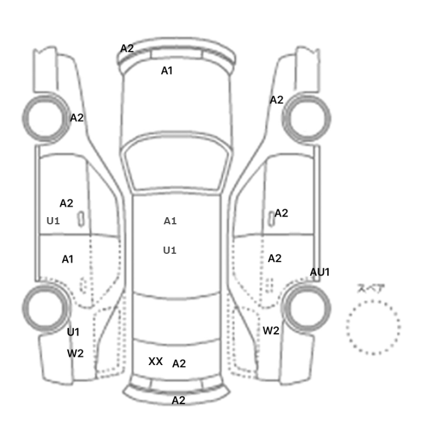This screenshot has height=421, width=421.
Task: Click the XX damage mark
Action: [x=155, y=361]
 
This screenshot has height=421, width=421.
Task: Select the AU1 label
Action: [x=319, y=272]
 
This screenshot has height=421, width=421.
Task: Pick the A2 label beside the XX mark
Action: [x=179, y=363]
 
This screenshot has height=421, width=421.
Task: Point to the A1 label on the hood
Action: [x=167, y=71]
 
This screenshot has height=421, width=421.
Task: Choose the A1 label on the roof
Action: [x=170, y=221]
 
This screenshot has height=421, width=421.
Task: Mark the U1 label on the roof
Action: [x=170, y=250]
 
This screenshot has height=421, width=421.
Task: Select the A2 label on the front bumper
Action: [x=127, y=49]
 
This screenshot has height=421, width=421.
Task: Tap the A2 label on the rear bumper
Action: [x=178, y=401]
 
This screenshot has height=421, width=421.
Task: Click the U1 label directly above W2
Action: [x=73, y=332]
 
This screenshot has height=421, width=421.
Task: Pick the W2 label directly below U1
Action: [x=75, y=354]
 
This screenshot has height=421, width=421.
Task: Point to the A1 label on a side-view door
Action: [x=67, y=259]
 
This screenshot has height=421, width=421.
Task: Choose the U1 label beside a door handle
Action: [x=53, y=221]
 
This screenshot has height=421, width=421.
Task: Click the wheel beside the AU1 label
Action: [x=307, y=308]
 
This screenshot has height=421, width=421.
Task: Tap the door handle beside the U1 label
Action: [x=81, y=219]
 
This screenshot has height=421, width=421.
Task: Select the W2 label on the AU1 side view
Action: [x=271, y=331]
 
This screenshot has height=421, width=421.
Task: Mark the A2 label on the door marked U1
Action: [x=66, y=203]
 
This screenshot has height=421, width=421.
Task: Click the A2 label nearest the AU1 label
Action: [x=275, y=258]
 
